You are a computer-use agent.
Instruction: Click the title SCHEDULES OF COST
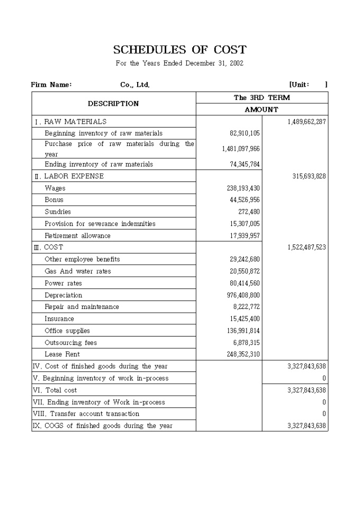(179, 50)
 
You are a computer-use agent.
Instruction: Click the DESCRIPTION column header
(113, 104)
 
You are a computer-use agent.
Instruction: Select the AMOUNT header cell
(262, 110)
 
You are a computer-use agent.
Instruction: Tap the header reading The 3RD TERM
(262, 98)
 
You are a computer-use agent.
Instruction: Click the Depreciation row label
(64, 295)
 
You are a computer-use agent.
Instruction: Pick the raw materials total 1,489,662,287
(307, 122)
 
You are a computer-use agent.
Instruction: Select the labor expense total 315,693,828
(309, 176)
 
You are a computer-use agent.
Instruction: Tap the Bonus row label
(54, 200)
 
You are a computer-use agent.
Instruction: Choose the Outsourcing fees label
(70, 343)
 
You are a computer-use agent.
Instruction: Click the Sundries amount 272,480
(248, 212)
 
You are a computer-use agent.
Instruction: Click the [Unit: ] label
(308, 85)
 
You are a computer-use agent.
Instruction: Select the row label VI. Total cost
(55, 390)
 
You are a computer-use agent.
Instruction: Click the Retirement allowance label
(77, 235)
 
